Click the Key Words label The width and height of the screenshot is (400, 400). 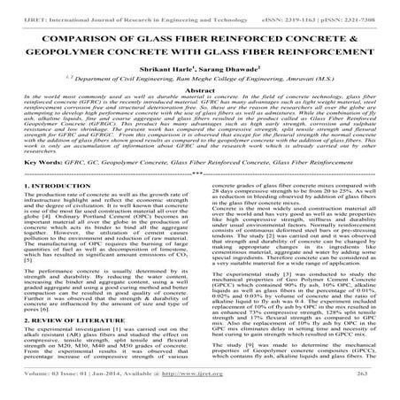click(35, 188)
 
